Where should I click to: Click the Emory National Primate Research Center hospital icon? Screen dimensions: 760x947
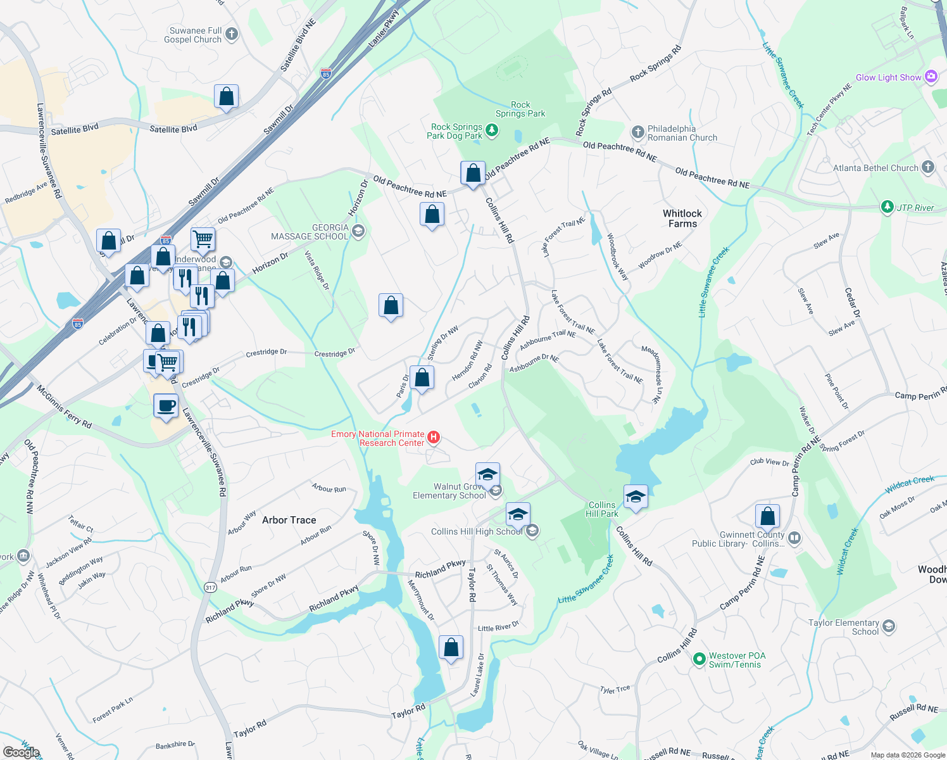click(434, 437)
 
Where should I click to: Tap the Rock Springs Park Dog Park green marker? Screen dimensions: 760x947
click(491, 130)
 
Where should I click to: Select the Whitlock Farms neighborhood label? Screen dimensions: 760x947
click(682, 218)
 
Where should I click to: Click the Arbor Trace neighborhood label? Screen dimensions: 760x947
click(289, 520)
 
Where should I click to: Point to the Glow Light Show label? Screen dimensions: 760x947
click(888, 77)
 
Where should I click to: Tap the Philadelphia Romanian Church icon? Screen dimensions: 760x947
click(637, 132)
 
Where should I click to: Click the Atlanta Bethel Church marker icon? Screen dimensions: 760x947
click(928, 167)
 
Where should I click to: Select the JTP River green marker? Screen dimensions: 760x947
click(887, 207)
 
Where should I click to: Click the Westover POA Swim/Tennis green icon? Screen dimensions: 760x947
click(699, 659)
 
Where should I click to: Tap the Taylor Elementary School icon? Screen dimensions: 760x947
click(889, 626)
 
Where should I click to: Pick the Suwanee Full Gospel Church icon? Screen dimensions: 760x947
click(232, 34)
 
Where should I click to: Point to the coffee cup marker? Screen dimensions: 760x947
click(166, 406)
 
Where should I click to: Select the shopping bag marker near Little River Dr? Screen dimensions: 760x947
click(451, 648)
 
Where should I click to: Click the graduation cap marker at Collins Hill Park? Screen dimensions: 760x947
click(635, 497)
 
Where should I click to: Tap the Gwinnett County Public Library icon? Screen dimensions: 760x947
click(794, 538)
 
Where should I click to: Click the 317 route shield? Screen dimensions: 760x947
click(210, 587)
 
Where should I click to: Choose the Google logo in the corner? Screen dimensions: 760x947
click(21, 752)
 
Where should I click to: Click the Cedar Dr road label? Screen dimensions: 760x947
click(853, 303)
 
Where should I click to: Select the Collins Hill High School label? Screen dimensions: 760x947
click(477, 531)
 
